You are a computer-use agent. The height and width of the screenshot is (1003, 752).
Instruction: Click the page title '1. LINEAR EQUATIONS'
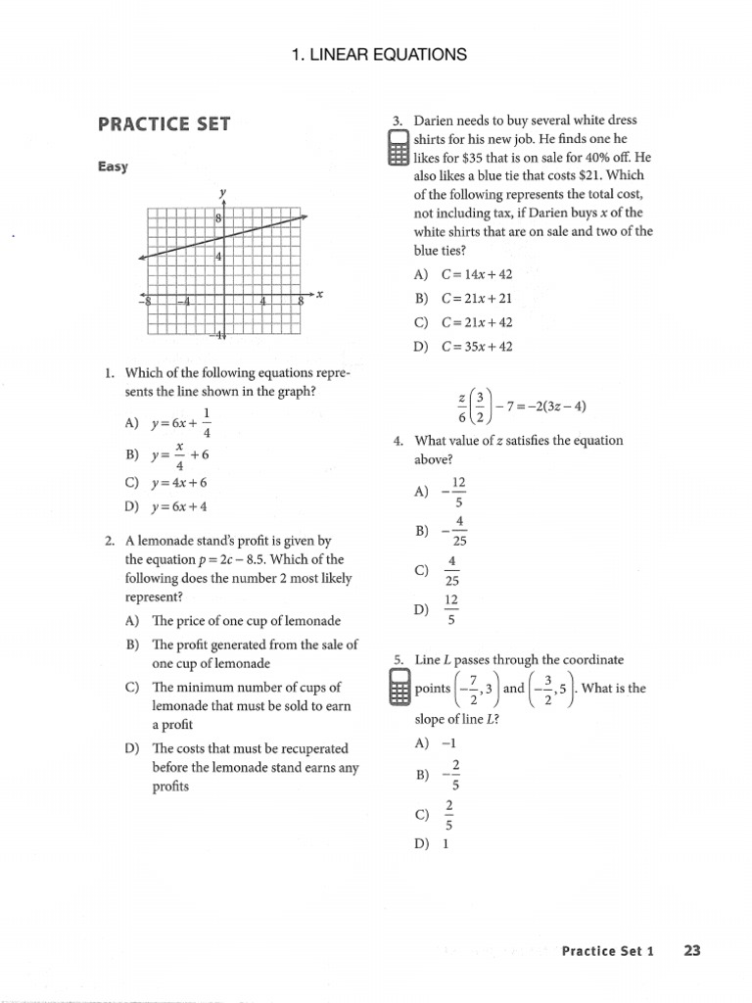pos(379,55)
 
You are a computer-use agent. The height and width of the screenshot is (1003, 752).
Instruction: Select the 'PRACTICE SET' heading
pos(164,124)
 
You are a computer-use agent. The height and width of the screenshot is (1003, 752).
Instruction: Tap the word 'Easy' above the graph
pos(113,167)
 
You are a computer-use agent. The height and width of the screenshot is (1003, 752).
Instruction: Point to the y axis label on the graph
pos(223,191)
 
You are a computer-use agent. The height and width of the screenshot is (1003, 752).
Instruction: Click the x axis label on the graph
pos(319,294)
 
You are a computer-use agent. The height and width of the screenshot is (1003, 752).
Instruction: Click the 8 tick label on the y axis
pos(219,218)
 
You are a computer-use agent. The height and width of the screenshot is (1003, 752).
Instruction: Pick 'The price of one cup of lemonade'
pos(246,621)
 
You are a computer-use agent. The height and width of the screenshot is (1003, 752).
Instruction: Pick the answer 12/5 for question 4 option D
pos(451,609)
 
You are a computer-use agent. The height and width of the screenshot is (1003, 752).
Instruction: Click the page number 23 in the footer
pos(692,950)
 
